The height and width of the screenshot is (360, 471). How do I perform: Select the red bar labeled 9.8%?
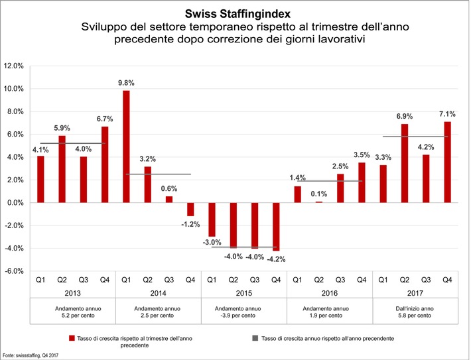pyautogui.click(x=126, y=146)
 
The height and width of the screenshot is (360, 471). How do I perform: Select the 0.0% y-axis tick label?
pyautogui.click(x=14, y=203)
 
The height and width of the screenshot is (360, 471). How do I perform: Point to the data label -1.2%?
pyautogui.click(x=190, y=224)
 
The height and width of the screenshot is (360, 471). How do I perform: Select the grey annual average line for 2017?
pyautogui.click(x=415, y=137)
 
